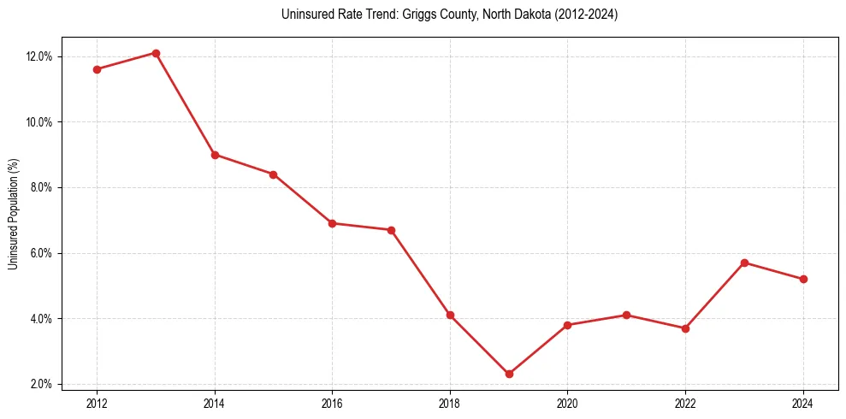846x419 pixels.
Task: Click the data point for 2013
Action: coord(156,53)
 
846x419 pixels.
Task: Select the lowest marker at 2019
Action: coord(509,374)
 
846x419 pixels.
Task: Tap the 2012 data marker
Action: coord(97,69)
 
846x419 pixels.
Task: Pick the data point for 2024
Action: coord(803,279)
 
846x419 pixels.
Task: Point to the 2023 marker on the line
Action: coord(744,263)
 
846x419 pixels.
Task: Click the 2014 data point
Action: coord(215,155)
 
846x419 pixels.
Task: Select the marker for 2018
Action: coord(450,315)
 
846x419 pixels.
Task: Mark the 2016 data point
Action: coord(332,223)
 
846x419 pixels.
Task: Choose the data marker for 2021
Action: coord(626,315)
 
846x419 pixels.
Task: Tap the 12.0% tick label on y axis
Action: coord(39,56)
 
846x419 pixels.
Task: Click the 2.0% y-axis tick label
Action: coord(42,384)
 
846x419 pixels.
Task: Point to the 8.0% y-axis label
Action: coord(42,187)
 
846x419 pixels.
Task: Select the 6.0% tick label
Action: coord(42,253)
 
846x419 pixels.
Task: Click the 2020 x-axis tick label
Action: coord(567,402)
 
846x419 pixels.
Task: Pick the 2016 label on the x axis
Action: coord(332,402)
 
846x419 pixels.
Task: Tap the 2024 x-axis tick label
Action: coord(803,402)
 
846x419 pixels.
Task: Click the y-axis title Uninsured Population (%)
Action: coord(14,214)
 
